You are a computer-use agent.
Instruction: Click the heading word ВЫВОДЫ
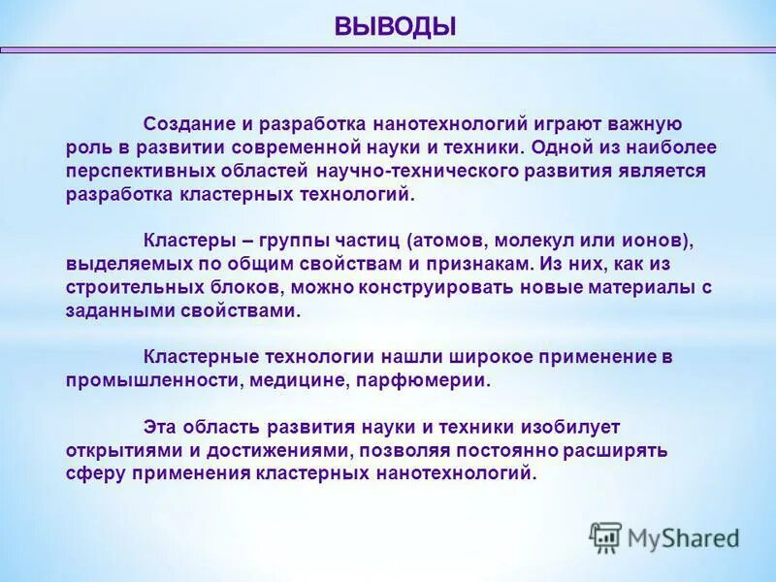(x=395, y=25)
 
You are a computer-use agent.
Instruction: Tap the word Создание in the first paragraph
(x=185, y=124)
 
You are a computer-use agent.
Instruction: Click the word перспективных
(x=128, y=171)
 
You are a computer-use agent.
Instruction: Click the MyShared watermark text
(x=683, y=536)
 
